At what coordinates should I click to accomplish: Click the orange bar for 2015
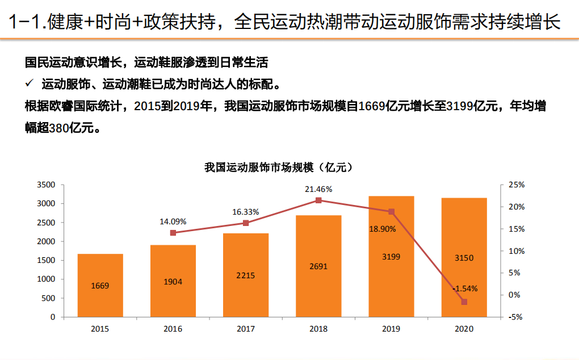coord(100,285)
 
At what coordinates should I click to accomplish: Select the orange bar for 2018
coord(318,266)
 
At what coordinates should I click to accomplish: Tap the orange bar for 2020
coord(464,257)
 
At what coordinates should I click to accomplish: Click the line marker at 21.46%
coord(318,200)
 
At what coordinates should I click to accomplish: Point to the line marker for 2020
coord(464,302)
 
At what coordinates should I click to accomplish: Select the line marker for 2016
coord(173,233)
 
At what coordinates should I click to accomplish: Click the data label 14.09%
coord(173,221)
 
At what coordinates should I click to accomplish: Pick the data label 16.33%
coord(245,212)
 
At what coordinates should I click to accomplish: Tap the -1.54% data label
coord(465,288)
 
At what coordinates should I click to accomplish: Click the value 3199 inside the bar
coord(391,257)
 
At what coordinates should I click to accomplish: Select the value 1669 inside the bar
coord(100,286)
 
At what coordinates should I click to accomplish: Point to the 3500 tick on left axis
coord(46,185)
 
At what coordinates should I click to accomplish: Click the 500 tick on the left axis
coord(49,298)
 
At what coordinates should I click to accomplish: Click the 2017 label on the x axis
coord(245,329)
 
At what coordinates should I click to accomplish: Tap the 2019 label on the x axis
coord(391,329)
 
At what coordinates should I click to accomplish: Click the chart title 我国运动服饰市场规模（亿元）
coord(278,167)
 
